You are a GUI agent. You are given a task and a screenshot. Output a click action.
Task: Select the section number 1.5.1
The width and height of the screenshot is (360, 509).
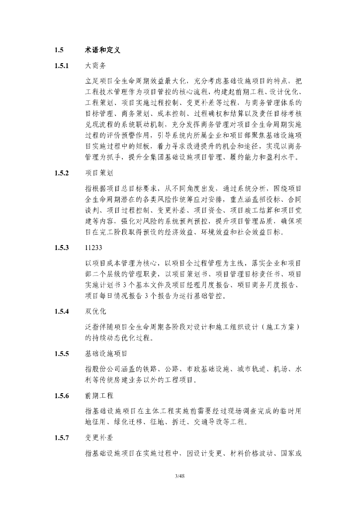(61, 65)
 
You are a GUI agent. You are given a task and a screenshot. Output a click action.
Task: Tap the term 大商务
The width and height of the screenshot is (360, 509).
(95, 65)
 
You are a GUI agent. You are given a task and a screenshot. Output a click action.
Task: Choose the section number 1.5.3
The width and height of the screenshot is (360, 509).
(61, 248)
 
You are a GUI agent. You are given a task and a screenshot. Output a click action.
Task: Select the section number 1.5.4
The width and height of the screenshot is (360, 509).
(61, 312)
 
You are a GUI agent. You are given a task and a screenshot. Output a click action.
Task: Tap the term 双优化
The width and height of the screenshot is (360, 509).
(95, 312)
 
